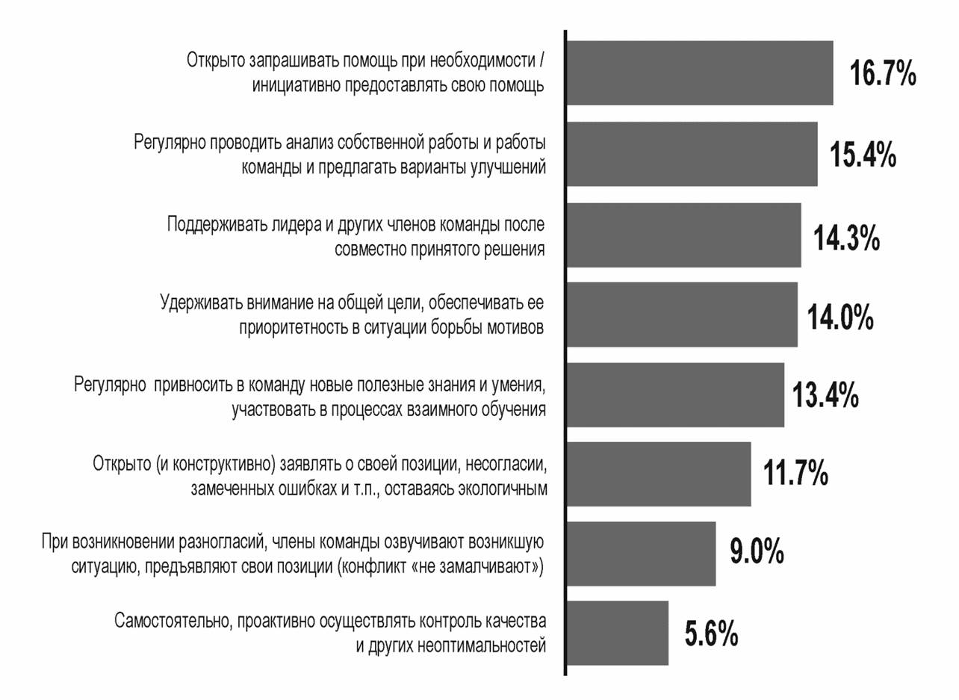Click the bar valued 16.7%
(x=701, y=73)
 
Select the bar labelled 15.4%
(x=692, y=154)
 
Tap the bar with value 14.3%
(x=684, y=235)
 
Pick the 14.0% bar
(x=682, y=315)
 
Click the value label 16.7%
(x=882, y=75)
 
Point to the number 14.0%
(x=840, y=316)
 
